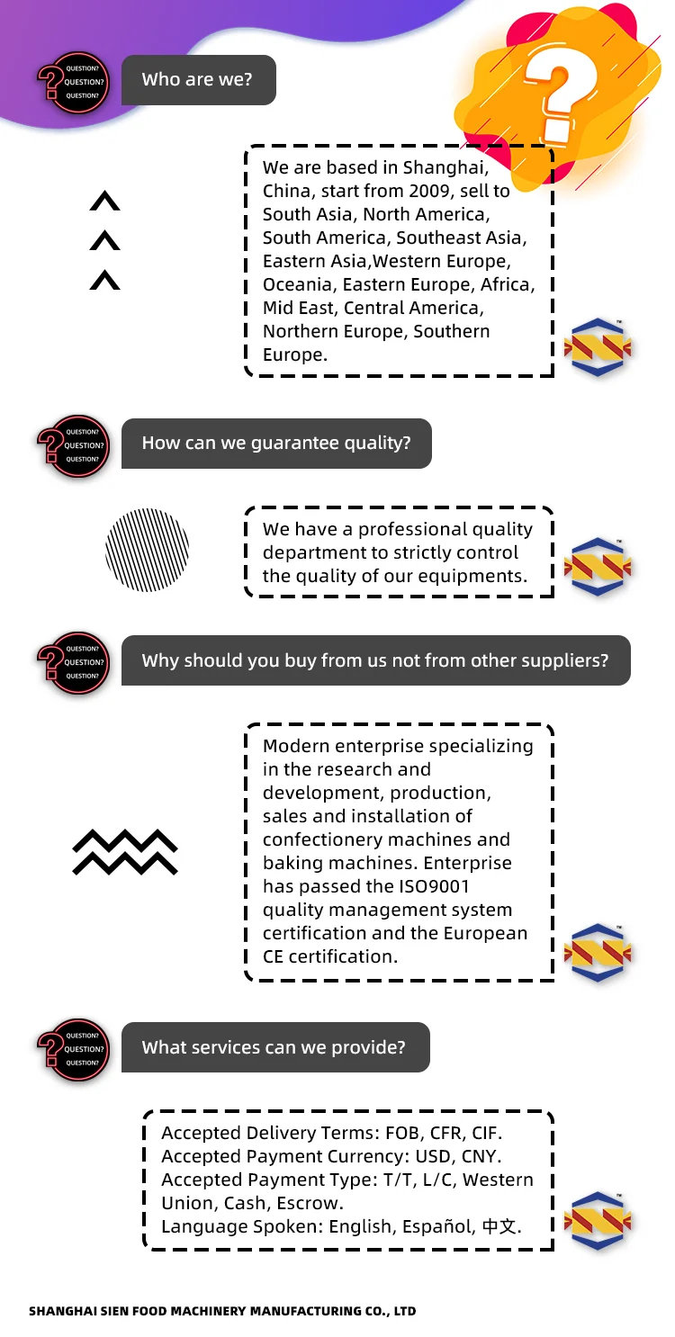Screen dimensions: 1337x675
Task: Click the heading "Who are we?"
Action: [197, 79]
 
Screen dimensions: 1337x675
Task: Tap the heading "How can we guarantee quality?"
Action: [276, 443]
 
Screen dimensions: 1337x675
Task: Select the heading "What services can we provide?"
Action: [274, 1047]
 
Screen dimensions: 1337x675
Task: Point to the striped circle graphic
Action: [148, 550]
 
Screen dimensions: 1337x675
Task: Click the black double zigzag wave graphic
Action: [125, 851]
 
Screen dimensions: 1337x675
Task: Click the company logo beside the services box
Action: [598, 1221]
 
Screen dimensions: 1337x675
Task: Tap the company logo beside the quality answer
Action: [598, 566]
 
